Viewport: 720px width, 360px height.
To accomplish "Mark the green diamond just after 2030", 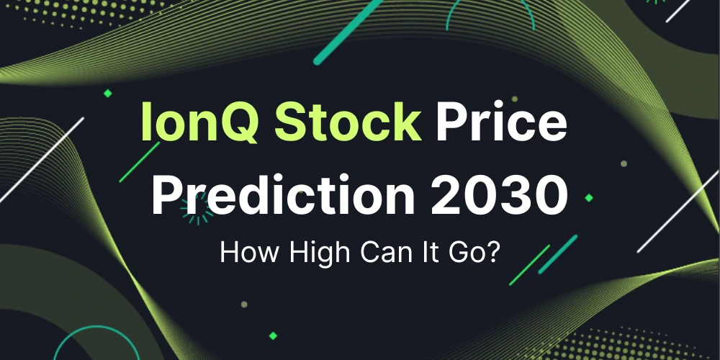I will [x=589, y=197].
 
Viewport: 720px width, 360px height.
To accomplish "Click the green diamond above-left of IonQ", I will [x=108, y=93].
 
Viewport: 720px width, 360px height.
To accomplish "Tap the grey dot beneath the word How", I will [x=244, y=305].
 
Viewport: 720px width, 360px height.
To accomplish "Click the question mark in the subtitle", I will [x=494, y=253].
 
